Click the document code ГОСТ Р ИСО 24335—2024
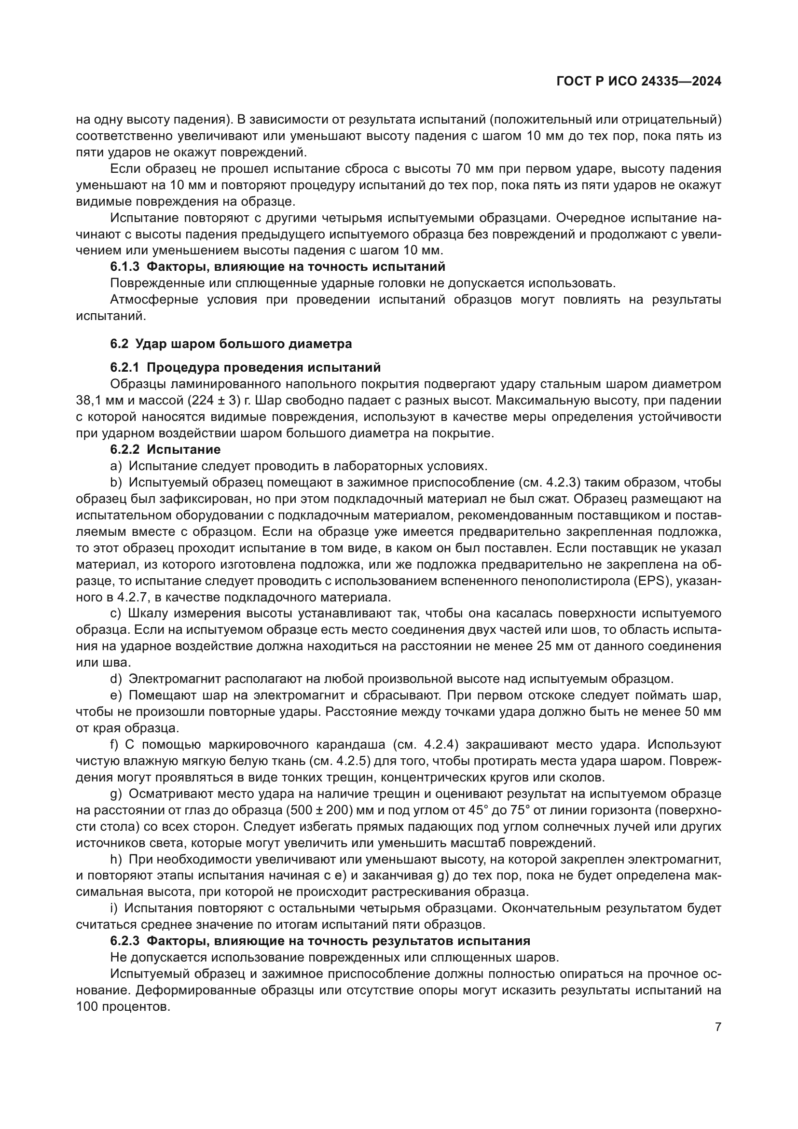(638, 82)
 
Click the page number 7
(718, 1027)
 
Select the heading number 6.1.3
(125, 266)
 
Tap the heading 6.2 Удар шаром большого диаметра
(231, 344)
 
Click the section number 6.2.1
(125, 367)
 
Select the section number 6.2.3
(125, 941)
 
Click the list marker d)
(115, 679)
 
